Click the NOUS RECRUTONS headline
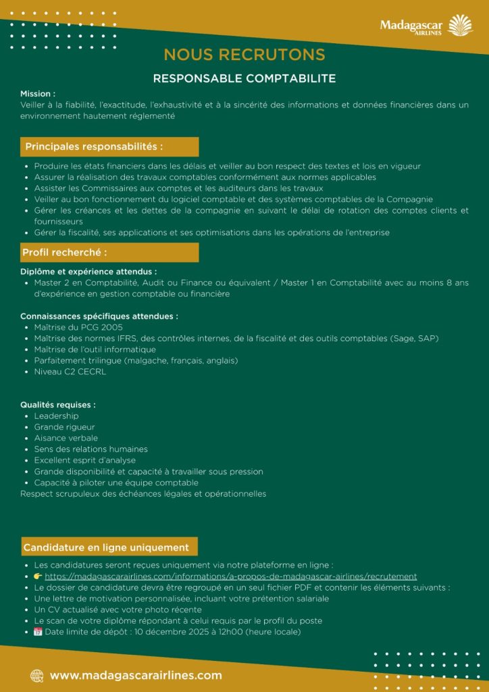(x=244, y=55)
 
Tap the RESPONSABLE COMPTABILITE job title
(x=244, y=78)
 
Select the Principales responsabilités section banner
(x=109, y=147)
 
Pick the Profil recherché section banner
(x=109, y=253)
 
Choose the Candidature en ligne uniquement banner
(x=109, y=547)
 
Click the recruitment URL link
(x=230, y=576)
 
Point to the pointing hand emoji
(x=38, y=576)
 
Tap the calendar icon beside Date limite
(x=38, y=632)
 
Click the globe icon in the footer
(x=37, y=675)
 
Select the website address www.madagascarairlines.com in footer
(x=136, y=675)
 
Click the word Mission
(x=38, y=93)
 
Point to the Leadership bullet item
(x=56, y=416)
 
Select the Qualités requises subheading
(x=58, y=404)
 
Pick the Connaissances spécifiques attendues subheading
(x=99, y=316)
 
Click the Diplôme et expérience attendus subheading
(x=88, y=272)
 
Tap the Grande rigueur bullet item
(x=64, y=427)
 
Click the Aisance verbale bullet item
(x=66, y=438)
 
